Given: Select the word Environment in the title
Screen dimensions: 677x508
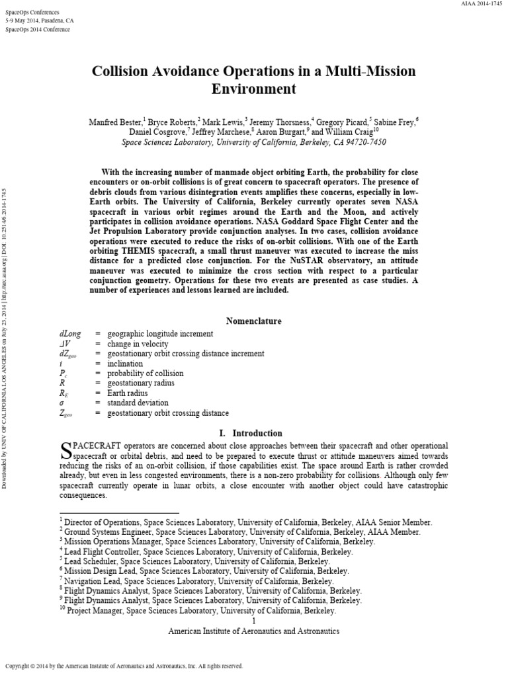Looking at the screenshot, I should [x=254, y=88].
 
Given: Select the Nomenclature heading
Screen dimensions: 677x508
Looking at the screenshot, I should [x=254, y=321].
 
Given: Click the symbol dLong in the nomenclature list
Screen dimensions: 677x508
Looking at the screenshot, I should [x=70, y=334].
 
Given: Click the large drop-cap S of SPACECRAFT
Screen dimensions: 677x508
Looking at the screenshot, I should [x=65, y=452].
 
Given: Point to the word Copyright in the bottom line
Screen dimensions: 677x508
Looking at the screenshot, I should [x=20, y=666].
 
